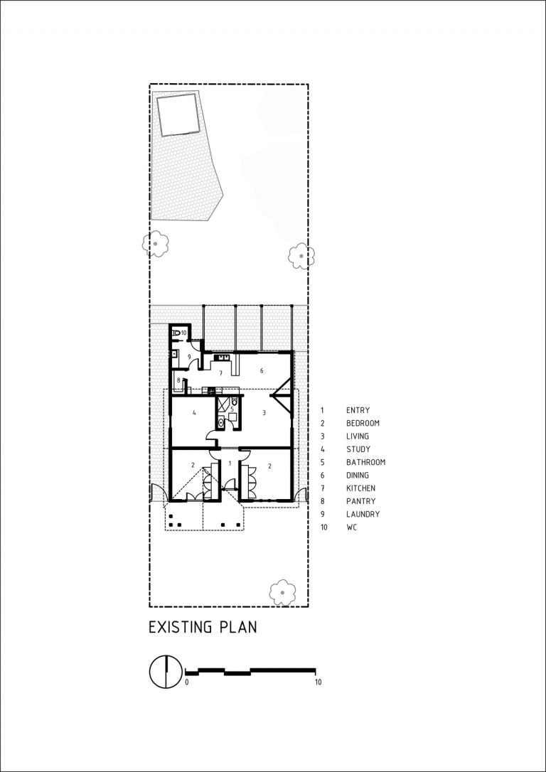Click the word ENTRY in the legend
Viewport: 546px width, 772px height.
point(358,410)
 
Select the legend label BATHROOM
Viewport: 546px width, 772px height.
point(365,462)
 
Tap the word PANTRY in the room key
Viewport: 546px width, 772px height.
point(361,501)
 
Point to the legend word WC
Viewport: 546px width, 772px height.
point(351,527)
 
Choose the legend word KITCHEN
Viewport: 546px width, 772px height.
point(361,488)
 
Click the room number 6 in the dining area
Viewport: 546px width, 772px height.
point(262,371)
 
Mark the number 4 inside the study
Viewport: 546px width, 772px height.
point(195,412)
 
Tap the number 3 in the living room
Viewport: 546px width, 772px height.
point(264,412)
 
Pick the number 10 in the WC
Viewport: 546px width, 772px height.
point(183,333)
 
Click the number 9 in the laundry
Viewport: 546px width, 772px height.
point(188,356)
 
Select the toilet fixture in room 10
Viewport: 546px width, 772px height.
point(176,333)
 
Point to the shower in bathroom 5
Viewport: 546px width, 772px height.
point(223,404)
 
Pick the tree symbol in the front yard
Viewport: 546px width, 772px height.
point(283,592)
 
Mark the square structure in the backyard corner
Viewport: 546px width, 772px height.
point(178,115)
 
